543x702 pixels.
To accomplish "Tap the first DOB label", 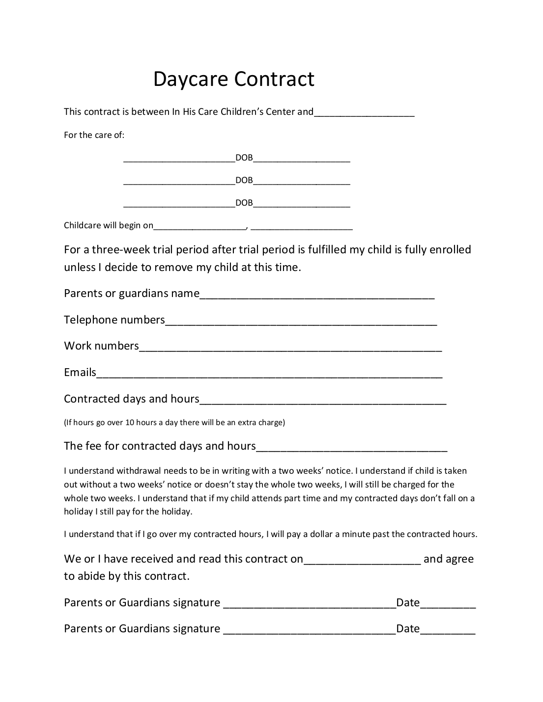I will coord(244,158).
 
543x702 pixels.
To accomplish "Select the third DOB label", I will coord(244,203).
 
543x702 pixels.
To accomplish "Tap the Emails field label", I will coord(80,372).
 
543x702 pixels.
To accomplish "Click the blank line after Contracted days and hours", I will coord(323,401).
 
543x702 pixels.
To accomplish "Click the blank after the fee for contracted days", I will coord(352,448).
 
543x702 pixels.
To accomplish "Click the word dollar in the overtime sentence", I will coord(321,534).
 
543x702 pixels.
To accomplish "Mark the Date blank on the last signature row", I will coord(448,631).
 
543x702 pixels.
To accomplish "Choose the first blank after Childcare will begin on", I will coord(200,227).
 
